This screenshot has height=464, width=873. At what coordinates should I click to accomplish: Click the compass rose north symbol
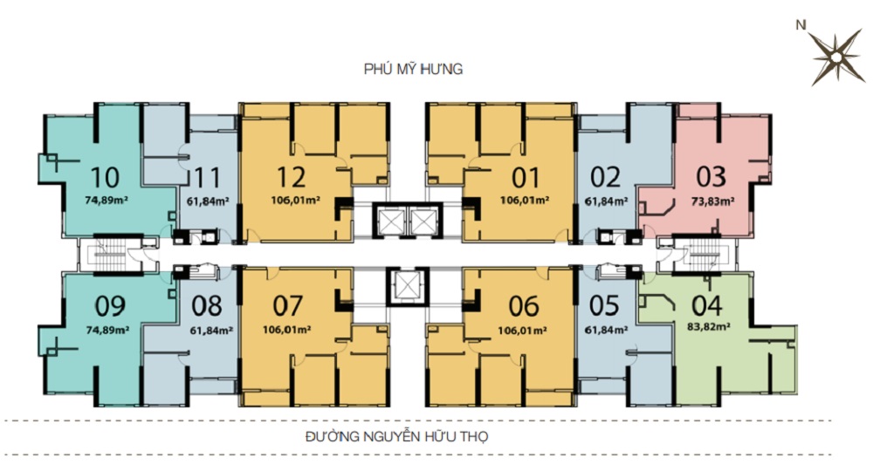pos(835,57)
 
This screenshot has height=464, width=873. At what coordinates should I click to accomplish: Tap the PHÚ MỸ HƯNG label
pos(413,68)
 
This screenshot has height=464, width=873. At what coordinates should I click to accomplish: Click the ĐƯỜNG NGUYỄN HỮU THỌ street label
pos(396,436)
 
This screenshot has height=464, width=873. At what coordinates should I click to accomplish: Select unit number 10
pos(106,177)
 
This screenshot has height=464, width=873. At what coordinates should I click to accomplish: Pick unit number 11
pos(207,178)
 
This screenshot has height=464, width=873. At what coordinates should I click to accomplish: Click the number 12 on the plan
pos(292,177)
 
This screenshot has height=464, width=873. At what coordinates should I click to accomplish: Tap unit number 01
pos(526,177)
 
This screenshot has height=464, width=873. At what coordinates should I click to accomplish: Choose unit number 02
pos(605,177)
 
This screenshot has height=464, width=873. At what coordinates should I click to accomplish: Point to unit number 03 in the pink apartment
pos(711,177)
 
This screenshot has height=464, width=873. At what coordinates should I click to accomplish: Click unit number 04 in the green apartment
pos(707,305)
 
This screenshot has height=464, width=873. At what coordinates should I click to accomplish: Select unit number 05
pos(604,305)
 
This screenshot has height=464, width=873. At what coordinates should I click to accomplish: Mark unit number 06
pos(524,305)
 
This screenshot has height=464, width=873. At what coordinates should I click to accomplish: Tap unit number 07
pos(288,305)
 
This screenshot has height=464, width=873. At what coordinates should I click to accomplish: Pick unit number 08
pos(207,305)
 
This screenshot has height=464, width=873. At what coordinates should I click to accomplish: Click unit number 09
pos(110,305)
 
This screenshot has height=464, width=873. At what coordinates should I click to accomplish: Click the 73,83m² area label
pos(712,201)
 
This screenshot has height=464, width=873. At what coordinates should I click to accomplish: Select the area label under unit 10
pos(107,199)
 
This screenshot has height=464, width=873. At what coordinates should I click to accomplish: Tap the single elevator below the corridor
pos(405,285)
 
